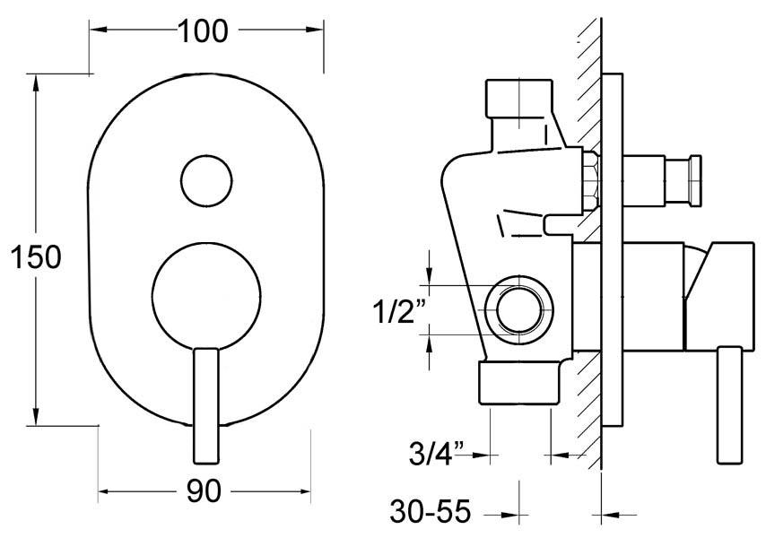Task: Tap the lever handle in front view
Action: (206, 403)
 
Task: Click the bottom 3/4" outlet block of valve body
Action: (520, 383)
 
